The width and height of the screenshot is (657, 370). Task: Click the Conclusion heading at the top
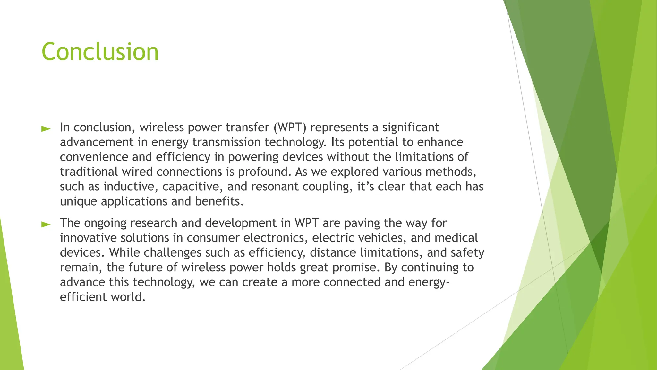coord(100,52)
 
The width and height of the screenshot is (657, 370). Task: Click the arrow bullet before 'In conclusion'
coord(46,129)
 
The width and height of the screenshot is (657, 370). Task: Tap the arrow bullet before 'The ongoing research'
coord(46,225)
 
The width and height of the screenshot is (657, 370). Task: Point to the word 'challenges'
coord(172,252)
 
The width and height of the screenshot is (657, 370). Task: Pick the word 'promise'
coord(355,267)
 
